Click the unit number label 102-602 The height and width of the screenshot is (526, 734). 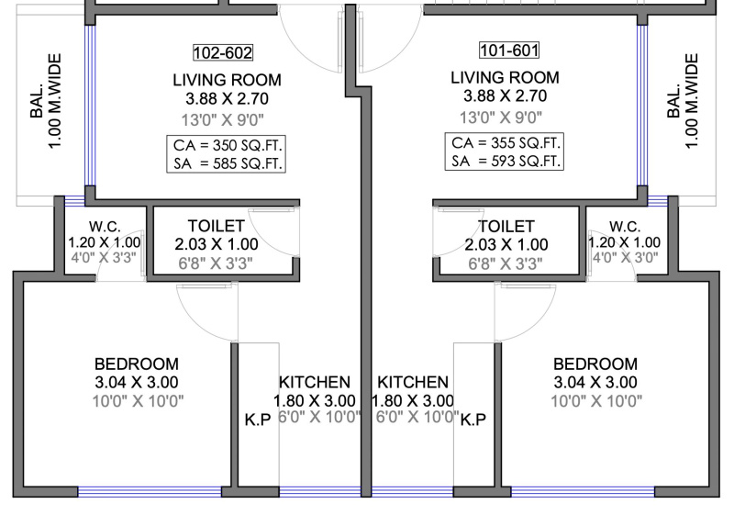pyautogui.click(x=223, y=52)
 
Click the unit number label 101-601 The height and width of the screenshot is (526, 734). pyautogui.click(x=509, y=50)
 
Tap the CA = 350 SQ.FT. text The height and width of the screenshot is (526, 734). pyautogui.click(x=228, y=145)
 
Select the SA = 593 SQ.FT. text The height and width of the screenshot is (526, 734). pyautogui.click(x=506, y=162)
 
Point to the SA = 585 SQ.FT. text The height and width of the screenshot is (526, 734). pyautogui.click(x=228, y=163)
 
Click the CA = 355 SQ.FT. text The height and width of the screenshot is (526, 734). pyautogui.click(x=506, y=142)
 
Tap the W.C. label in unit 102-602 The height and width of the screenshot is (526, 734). pyautogui.click(x=105, y=227)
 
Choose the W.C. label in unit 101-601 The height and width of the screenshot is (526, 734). pyautogui.click(x=625, y=227)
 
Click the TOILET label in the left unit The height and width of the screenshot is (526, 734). pyautogui.click(x=217, y=226)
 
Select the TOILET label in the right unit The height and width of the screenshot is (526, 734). pyautogui.click(x=506, y=227)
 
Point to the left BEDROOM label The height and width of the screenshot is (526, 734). pyautogui.click(x=137, y=364)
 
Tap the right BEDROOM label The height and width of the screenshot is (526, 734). pyautogui.click(x=595, y=364)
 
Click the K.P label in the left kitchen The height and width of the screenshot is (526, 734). pyautogui.click(x=258, y=420)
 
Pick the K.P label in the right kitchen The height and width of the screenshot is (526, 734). pyautogui.click(x=473, y=420)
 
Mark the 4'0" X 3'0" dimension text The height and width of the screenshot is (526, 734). pyautogui.click(x=626, y=258)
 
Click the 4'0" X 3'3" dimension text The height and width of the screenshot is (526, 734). pyautogui.click(x=104, y=258)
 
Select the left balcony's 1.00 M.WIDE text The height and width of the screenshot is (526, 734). pyautogui.click(x=55, y=101)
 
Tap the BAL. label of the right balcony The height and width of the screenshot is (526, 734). pyautogui.click(x=673, y=101)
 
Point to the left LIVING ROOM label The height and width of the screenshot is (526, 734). pyautogui.click(x=227, y=80)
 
